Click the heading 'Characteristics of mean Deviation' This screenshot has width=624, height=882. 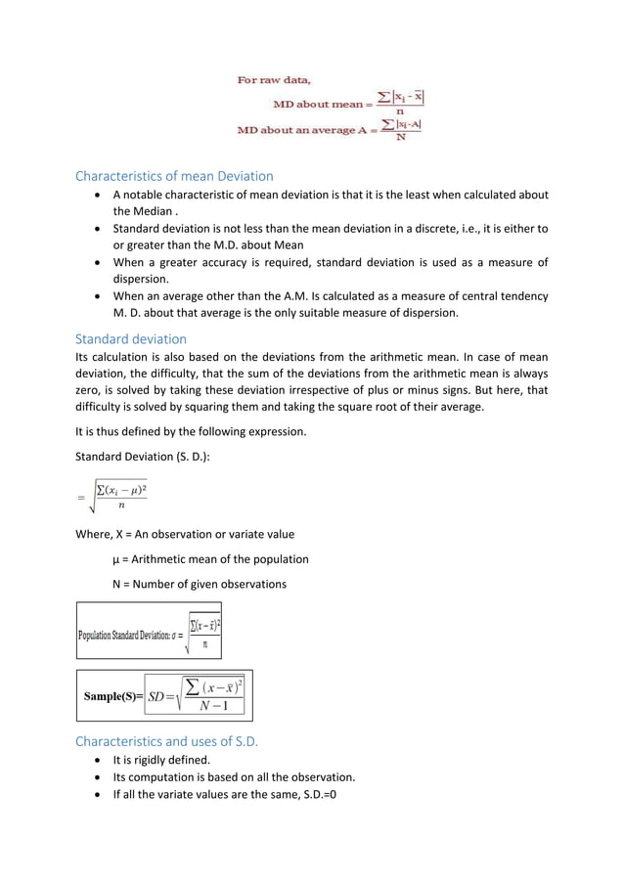click(x=174, y=176)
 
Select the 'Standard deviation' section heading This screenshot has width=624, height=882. click(x=130, y=338)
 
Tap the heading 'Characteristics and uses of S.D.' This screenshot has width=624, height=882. click(x=166, y=741)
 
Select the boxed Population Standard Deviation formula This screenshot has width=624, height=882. click(x=149, y=631)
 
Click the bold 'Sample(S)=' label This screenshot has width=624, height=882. click(x=111, y=696)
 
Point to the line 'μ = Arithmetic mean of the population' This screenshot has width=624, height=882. click(x=210, y=559)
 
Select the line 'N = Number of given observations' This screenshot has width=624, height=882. click(x=200, y=584)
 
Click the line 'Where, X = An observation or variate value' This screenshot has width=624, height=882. click(x=184, y=534)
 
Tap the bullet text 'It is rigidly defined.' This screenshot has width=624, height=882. click(x=161, y=760)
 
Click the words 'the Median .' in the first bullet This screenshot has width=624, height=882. click(x=147, y=211)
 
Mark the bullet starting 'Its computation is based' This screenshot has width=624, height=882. click(x=234, y=777)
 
